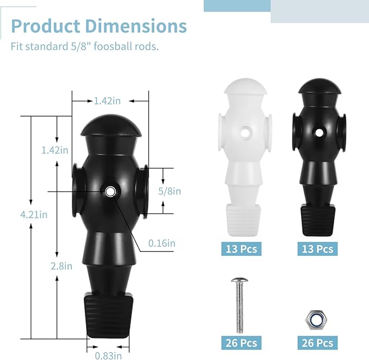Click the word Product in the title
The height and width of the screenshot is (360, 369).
coord(46,26)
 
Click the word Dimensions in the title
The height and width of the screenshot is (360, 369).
coord(136,26)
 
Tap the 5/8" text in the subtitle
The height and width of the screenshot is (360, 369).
coord(81,46)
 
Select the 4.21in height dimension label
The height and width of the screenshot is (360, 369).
coord(34,214)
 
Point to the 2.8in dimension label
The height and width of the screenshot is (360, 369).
coord(61,266)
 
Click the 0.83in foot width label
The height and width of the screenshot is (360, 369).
coord(108,356)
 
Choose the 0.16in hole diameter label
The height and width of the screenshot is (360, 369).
coord(162,243)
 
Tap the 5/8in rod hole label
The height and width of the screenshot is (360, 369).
coord(170,191)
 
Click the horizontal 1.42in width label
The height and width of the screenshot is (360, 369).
coord(107,101)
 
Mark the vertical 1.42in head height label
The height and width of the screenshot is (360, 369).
coord(55,150)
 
